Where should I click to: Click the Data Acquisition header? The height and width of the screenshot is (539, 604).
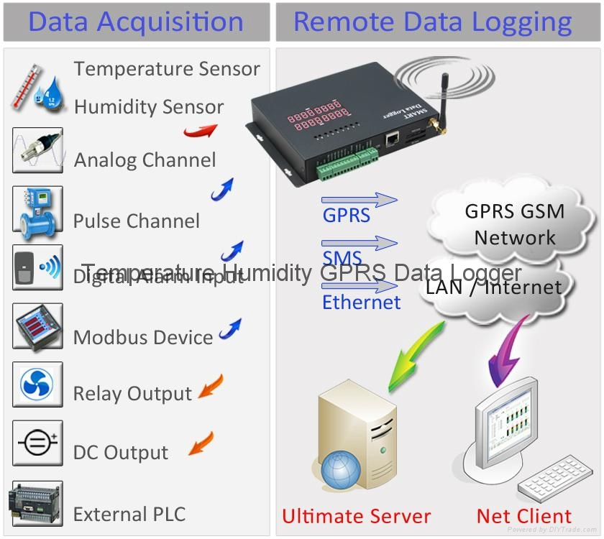coord(136,22)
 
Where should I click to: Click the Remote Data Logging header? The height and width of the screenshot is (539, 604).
coord(432,22)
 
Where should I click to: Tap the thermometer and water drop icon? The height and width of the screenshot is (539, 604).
coord(36,88)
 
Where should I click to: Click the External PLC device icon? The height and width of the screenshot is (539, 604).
coord(36,503)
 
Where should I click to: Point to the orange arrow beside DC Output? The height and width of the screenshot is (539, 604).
coord(201,443)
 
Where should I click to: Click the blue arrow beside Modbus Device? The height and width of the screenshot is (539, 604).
coord(230,329)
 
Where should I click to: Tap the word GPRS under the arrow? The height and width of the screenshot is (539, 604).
coord(346,215)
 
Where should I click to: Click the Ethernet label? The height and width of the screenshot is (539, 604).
coord(361,302)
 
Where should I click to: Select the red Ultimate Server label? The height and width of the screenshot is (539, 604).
coord(356,516)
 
